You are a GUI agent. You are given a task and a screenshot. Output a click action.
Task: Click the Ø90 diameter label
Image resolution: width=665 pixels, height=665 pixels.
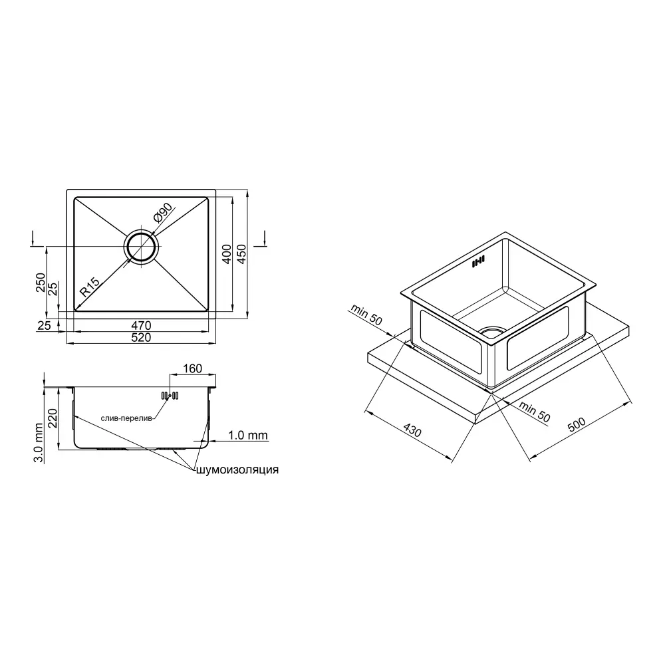[x=164, y=213]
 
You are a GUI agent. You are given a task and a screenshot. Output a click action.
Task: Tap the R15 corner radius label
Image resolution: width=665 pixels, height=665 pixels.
[x=90, y=287]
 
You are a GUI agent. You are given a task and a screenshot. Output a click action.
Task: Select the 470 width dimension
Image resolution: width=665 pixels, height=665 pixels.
[x=141, y=325]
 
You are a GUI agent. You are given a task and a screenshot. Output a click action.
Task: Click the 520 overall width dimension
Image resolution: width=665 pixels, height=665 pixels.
[x=141, y=338]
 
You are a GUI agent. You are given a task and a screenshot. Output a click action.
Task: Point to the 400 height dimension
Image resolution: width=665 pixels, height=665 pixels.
[x=227, y=254]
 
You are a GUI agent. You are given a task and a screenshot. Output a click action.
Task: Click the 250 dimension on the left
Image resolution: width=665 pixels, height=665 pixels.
[x=41, y=283]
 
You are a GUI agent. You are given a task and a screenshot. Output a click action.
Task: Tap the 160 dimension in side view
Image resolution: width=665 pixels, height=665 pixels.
[x=192, y=368]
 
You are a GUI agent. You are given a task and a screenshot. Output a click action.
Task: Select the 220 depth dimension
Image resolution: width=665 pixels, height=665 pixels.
[x=52, y=418]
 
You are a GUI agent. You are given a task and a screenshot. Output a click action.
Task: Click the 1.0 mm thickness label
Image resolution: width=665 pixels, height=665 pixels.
[x=248, y=435]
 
